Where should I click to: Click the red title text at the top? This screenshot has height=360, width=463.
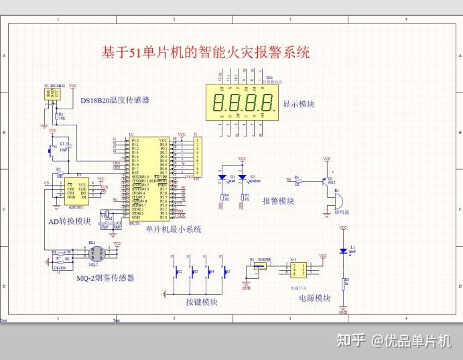205,52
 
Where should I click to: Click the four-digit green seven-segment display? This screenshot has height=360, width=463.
243,103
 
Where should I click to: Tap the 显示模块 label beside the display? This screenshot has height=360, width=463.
299,105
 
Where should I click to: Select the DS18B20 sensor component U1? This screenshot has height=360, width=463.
51,95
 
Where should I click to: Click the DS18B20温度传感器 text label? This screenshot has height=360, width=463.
115,101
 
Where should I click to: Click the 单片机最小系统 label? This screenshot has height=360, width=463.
174,229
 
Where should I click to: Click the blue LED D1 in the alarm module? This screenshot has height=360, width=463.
224,178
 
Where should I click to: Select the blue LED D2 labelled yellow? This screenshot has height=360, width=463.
243,178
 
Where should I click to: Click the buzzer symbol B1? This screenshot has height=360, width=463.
337,199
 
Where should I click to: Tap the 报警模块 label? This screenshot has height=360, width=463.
278,201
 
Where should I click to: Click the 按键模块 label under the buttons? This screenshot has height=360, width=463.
202,302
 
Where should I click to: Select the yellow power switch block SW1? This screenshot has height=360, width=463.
295,269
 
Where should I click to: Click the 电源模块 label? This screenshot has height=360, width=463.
314,298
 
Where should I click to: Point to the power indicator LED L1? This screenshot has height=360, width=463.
343,251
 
